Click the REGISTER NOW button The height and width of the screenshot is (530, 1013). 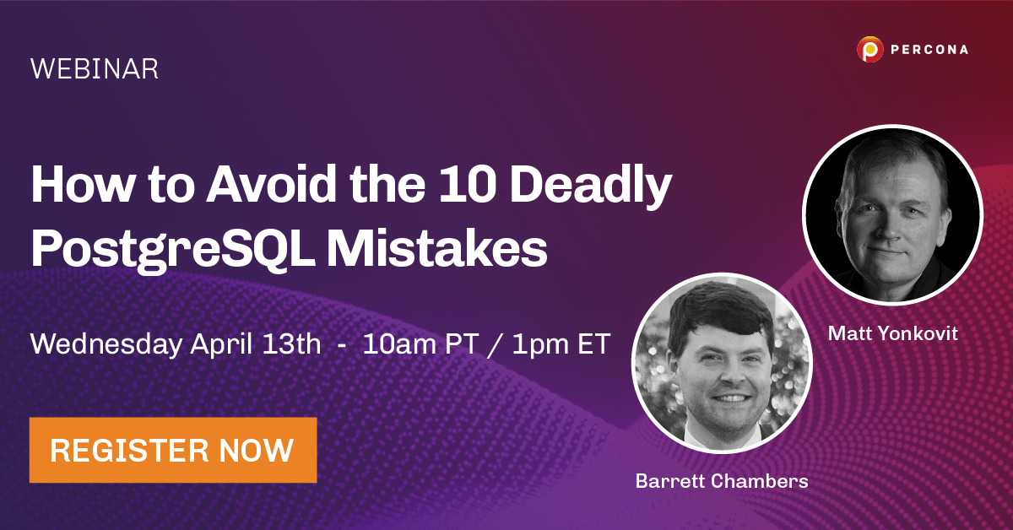click(x=172, y=450)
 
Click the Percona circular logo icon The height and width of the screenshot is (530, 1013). click(x=869, y=50)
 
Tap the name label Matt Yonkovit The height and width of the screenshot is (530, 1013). click(x=892, y=333)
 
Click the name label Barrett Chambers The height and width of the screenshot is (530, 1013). click(x=721, y=481)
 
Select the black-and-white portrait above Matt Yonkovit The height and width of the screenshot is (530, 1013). click(x=892, y=215)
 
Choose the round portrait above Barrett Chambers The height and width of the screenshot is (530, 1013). click(x=721, y=362)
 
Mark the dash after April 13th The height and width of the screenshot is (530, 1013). click(x=341, y=347)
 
